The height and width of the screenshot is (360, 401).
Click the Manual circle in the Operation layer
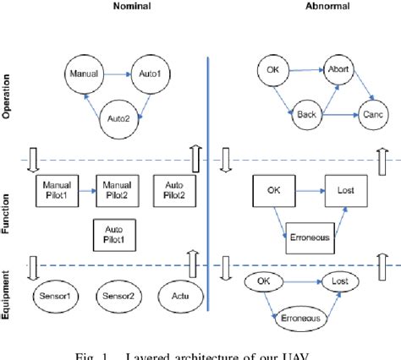coord(82,74)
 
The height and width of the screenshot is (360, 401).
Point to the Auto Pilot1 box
coord(113,234)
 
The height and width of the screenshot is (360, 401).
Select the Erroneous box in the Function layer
coord(309,239)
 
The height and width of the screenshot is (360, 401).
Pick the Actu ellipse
coord(180,297)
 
